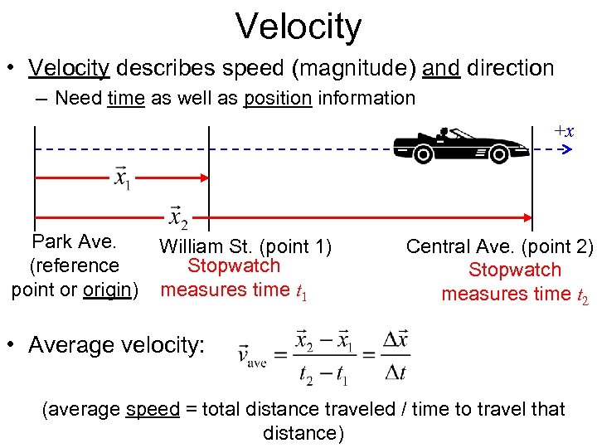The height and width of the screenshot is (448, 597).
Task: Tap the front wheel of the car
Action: point(499,153)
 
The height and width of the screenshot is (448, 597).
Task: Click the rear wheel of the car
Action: point(423,153)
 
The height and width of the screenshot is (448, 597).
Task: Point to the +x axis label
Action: point(564,132)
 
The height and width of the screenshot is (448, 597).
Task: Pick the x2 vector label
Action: point(177,217)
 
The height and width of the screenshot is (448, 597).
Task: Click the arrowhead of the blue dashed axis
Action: point(568,150)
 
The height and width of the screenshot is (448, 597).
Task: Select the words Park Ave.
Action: point(73,242)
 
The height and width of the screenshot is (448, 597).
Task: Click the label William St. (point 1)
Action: point(245,246)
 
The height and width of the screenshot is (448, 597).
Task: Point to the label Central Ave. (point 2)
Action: point(500,246)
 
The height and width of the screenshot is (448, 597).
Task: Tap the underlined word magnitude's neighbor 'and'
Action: point(441,68)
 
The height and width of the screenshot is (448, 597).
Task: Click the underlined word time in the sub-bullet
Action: point(126,98)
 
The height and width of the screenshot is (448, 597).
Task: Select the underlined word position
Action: point(277,98)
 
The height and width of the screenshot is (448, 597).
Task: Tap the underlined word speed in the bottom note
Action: point(153,409)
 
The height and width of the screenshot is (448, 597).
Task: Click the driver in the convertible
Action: point(444,133)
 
